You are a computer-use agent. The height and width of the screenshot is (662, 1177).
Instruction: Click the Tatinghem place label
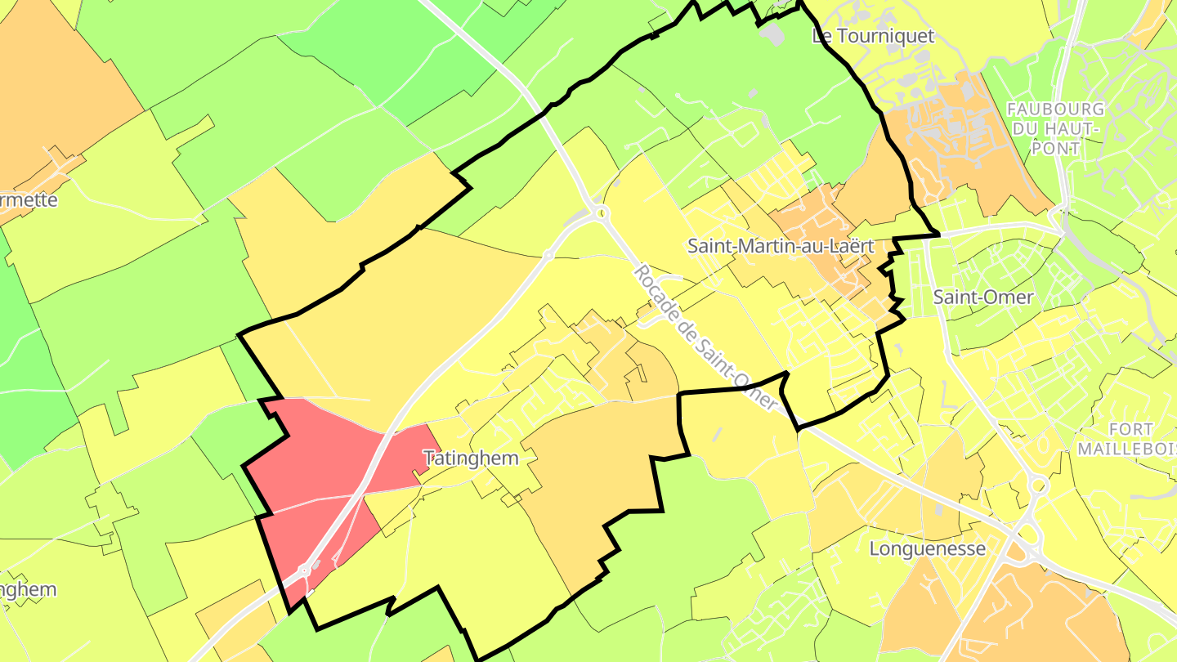(x=471, y=458)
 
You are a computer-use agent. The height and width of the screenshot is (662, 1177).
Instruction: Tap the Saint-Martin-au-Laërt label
(x=781, y=246)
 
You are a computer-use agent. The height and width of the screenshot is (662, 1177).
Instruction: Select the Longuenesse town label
(x=927, y=548)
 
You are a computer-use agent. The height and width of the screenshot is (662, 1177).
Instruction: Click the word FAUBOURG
(x=1055, y=110)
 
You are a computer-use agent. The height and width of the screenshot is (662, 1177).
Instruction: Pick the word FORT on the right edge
(x=1131, y=430)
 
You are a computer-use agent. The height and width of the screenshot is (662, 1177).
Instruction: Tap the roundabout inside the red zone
(x=305, y=569)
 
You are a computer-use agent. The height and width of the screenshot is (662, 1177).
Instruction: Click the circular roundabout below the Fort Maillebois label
(x=1038, y=486)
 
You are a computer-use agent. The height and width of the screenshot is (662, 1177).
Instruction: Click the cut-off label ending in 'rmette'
(x=29, y=200)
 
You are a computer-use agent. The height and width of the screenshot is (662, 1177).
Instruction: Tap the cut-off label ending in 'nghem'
(x=28, y=590)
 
